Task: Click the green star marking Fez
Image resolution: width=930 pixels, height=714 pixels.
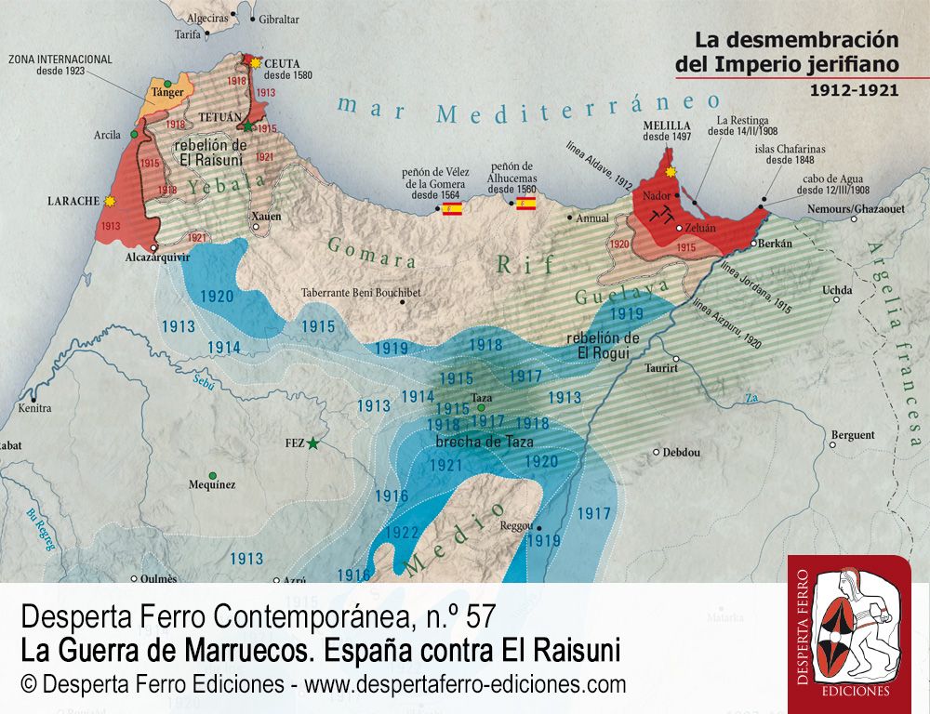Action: pos(312,443)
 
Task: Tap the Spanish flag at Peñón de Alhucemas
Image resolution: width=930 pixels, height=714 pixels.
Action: pos(525,203)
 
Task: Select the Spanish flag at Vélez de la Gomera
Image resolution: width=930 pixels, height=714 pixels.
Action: pos(451,208)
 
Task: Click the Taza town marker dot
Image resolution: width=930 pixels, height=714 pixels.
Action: pos(481,407)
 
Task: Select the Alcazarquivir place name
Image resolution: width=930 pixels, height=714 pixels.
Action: pos(163,262)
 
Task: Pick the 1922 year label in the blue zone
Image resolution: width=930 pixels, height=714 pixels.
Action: pos(401,533)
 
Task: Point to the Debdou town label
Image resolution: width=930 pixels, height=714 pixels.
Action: pos(681,453)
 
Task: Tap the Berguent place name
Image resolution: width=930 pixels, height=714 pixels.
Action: pos(853,435)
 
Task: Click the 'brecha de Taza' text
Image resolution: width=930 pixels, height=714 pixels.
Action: pos(484,442)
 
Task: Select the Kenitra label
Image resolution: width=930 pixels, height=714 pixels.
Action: pos(34,408)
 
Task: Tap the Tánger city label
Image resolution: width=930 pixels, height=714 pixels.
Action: pos(168,93)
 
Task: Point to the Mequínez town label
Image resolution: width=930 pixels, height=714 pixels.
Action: pos(212,484)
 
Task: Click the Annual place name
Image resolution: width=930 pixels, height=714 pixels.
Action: pos(591,218)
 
